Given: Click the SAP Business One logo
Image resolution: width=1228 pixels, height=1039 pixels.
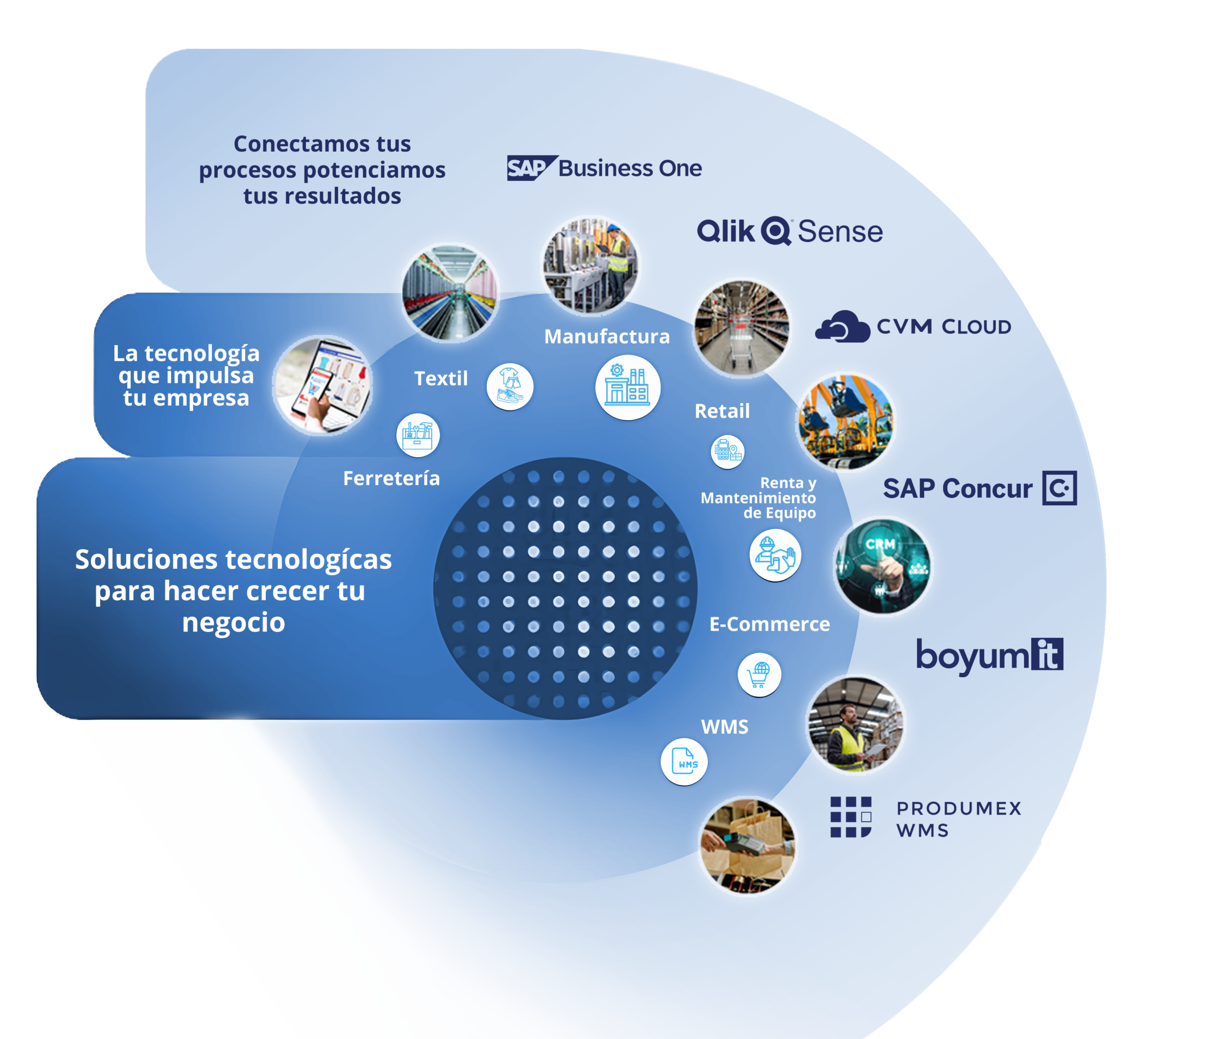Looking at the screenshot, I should coord(604,168).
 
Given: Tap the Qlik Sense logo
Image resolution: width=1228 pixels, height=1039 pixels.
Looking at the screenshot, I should coord(790,231).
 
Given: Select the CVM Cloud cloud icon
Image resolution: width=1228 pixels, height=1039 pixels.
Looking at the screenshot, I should coord(842,326).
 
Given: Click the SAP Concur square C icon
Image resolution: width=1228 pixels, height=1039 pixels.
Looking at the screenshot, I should coord(1059,488).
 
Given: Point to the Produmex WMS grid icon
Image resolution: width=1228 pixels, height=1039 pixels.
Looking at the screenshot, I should coord(850,817).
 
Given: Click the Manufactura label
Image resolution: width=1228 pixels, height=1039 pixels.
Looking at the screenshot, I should coord(606,336).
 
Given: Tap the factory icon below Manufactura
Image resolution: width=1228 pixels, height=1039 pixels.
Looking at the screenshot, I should coord(627,387).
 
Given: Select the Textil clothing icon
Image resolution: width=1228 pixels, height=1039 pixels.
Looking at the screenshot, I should coord(510,386).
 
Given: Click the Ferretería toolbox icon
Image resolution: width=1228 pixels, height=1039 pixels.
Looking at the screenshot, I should coord(418,435).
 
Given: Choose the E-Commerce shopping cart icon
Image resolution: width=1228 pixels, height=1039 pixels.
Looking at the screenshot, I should coord(759,674).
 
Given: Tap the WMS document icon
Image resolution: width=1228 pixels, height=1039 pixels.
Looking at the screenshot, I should coord(684,762).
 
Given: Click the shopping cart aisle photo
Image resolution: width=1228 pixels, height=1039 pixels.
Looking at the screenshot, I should coord(741,327).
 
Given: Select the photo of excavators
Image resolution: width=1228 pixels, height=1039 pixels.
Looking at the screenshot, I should coord(845,422).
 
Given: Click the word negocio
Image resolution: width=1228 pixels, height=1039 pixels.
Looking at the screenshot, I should coord(233,622).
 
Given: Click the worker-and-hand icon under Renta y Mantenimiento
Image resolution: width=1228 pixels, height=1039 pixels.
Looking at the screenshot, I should coord(775,555).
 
